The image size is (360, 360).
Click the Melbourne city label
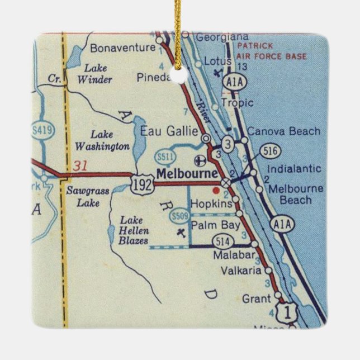coord(187,173)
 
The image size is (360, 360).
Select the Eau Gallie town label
coord(169,131)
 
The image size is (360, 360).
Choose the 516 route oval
coord(269,151)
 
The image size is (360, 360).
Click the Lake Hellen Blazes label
coord(134,230)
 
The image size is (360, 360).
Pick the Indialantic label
coord(294,168)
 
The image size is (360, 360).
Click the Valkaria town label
coord(241,271)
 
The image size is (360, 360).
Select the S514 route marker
coord(221,241)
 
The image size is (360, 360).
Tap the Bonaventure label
coord(122,48)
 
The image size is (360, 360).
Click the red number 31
coord(80,166)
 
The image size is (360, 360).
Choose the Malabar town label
coord(234,256)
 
